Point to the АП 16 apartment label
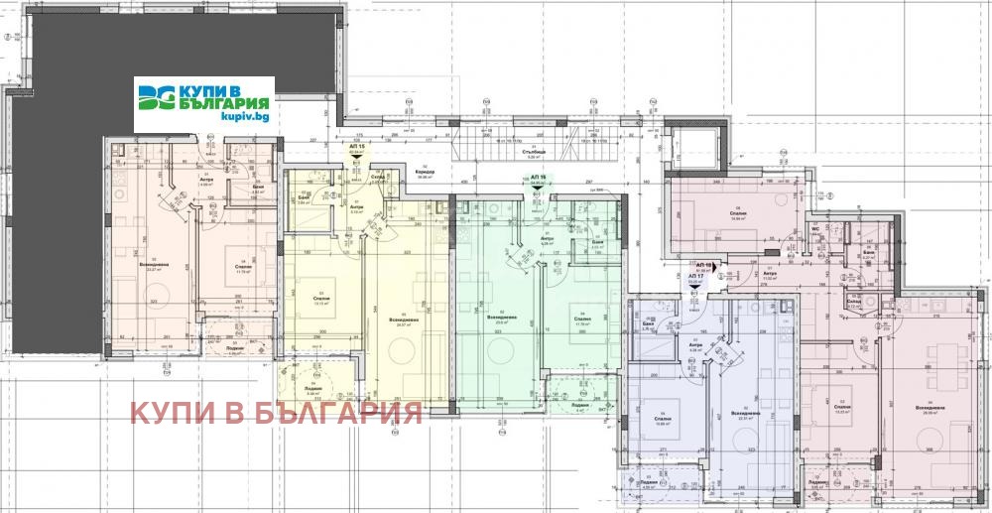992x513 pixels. pyautogui.click(x=539, y=177)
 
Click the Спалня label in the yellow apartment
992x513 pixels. pyautogui.click(x=319, y=298)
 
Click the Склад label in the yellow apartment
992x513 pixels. pyautogui.click(x=378, y=177)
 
